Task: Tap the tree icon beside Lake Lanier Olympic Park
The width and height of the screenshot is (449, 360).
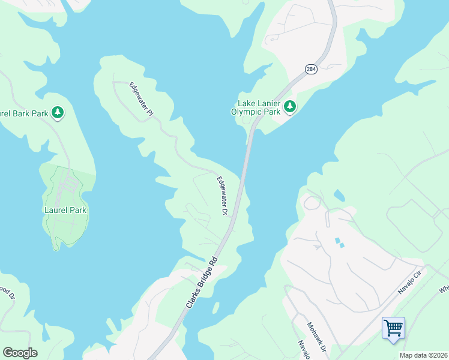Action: [x=290, y=107]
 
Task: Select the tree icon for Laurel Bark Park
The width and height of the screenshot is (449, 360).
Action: [x=58, y=112]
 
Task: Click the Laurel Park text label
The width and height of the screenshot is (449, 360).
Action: [x=65, y=210]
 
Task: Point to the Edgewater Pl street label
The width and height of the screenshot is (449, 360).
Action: [x=142, y=99]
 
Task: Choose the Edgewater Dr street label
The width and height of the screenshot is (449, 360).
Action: [x=222, y=196]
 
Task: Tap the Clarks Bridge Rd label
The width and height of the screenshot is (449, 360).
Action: [x=201, y=284]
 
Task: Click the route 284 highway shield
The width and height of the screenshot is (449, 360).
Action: [x=310, y=70]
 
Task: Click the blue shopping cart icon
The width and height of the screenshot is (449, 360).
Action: [x=393, y=328]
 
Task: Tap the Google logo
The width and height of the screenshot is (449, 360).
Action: [x=20, y=353]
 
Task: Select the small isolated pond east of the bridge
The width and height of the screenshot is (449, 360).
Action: [x=340, y=195]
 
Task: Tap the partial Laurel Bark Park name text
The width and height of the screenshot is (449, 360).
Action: [x=24, y=112]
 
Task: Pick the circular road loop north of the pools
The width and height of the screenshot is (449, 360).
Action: [x=312, y=203]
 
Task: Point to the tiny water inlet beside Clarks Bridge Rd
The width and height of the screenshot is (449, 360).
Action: [x=215, y=307]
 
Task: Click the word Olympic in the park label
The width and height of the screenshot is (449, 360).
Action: [x=247, y=112]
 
